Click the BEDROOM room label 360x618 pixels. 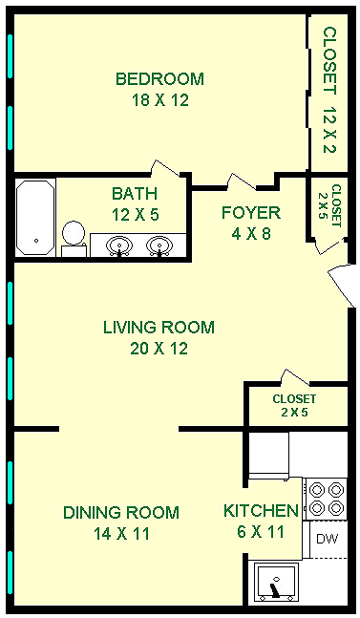pos(159,79)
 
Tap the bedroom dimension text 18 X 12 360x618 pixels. pos(159,100)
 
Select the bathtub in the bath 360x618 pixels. pos(35,218)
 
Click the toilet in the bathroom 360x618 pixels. pos(74,239)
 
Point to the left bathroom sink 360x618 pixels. pos(119,245)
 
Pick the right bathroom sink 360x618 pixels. pos(159,245)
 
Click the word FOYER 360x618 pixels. pos(251,213)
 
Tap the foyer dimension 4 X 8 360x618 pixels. pos(251,234)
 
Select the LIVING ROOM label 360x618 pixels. pos(159,328)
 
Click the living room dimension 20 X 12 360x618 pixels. pos(159,349)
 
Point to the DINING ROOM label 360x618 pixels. pos(121,513)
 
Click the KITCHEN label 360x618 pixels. pos(261,511)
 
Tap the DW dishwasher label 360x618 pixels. pos(328,539)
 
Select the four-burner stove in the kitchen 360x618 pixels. pos(325,499)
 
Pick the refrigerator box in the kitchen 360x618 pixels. pos(268,456)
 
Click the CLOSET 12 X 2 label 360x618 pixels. pos(330,90)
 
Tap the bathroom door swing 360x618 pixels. pos(166,168)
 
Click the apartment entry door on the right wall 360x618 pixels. pos(342,285)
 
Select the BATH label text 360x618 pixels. pos(135,194)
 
